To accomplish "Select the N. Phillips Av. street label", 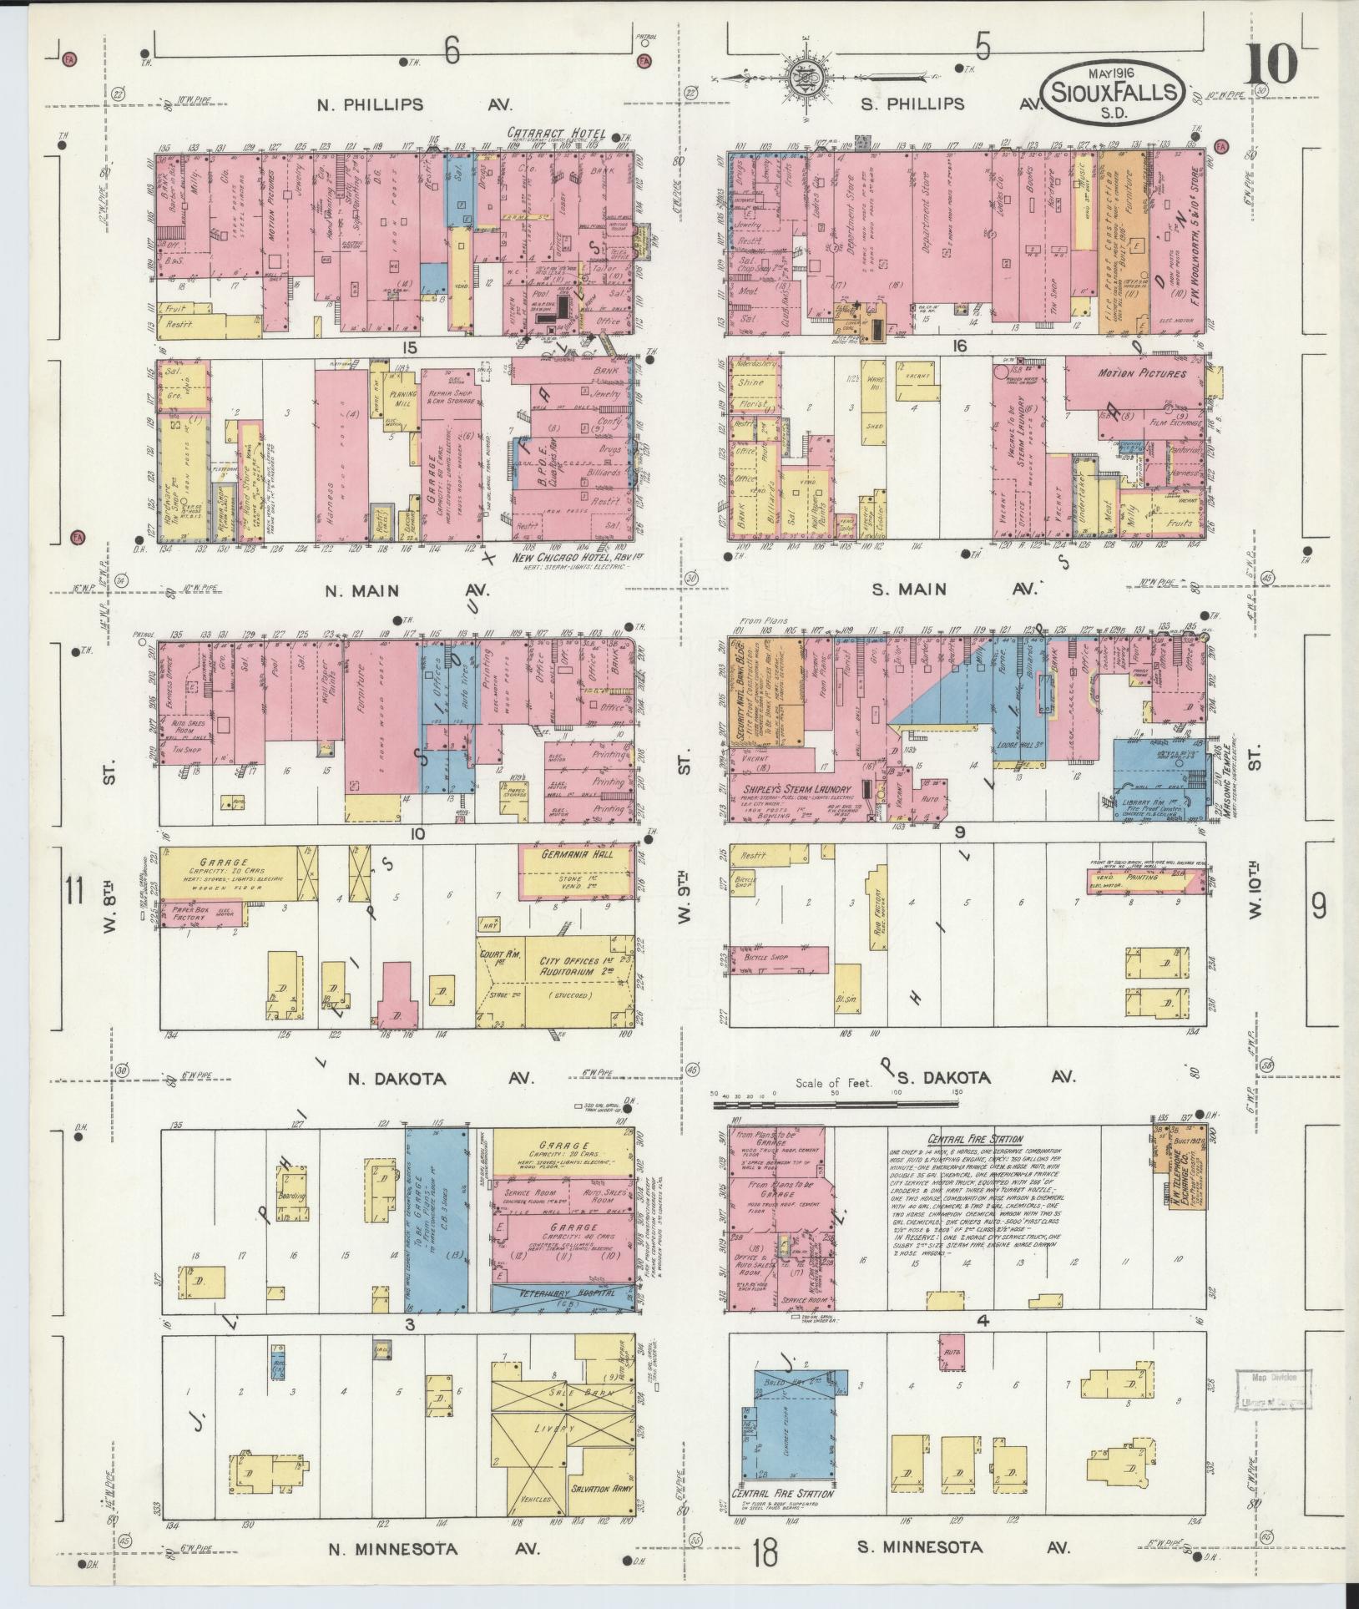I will (x=415, y=105).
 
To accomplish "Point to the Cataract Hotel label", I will (x=556, y=134).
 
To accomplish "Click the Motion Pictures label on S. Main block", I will (x=1141, y=373).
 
